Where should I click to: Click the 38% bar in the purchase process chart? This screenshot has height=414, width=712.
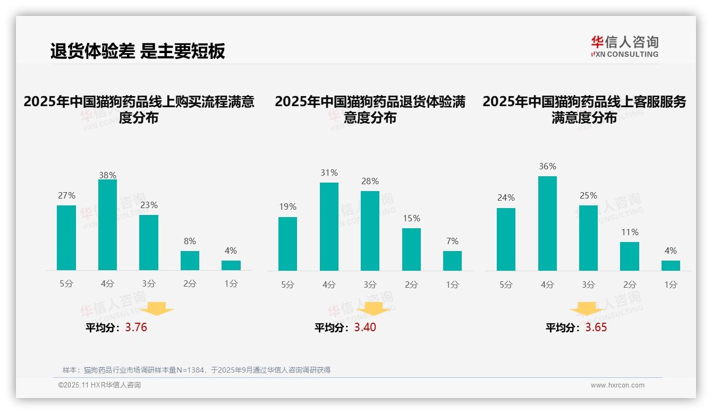pos(107,225)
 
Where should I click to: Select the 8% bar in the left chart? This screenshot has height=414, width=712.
pos(190,261)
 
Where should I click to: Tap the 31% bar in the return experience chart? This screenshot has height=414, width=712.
pos(329,227)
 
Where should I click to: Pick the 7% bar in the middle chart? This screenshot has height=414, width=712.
pos(452,261)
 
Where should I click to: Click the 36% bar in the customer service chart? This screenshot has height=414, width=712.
pos(547,223)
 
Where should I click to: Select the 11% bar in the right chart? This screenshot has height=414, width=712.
pos(630,256)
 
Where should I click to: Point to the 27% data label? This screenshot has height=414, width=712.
pos(66,196)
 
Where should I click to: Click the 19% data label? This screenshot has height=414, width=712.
pos(287,207)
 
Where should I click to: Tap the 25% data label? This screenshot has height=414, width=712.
pos(588,196)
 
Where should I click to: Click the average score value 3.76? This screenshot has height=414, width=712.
pos(136,327)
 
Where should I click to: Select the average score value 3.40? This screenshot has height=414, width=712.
pos(365,327)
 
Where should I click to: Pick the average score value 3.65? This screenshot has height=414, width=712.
pos(596,327)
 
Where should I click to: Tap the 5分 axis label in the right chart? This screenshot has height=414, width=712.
pos(506,284)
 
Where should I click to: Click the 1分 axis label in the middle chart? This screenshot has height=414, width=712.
pos(452,284)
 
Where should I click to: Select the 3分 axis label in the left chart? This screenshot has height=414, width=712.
pos(149,284)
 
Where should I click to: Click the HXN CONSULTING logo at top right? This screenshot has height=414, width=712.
pos(624,47)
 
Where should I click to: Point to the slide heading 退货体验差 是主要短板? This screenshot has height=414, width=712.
pos(138,51)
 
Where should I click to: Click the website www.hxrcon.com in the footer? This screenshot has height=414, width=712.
pos(617,385)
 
